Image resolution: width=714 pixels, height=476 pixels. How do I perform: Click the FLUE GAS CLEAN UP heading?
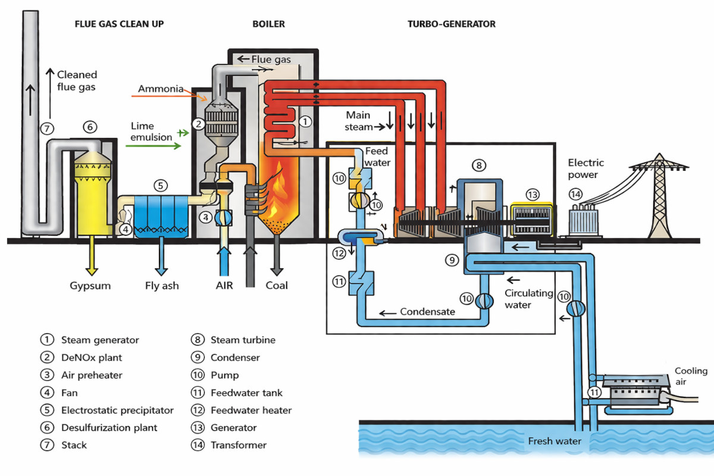(119, 24)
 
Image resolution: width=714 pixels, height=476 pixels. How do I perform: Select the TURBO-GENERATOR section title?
(452, 24)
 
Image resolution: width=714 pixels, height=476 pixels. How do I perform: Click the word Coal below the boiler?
(277, 286)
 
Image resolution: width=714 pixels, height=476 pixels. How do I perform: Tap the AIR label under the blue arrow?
(224, 286)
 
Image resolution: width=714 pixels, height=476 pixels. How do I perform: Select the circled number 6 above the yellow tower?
(90, 127)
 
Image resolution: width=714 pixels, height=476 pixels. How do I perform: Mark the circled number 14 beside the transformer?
(575, 194)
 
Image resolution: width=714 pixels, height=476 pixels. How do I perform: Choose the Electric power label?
(585, 169)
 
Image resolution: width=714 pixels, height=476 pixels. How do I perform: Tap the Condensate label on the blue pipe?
(427, 312)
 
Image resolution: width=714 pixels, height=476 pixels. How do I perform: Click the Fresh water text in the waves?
(555, 441)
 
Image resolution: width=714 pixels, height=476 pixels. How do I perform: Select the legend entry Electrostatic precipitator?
(117, 410)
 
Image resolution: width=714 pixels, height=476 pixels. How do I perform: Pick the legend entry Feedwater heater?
(251, 410)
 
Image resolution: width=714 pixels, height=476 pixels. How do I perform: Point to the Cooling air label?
(691, 377)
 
